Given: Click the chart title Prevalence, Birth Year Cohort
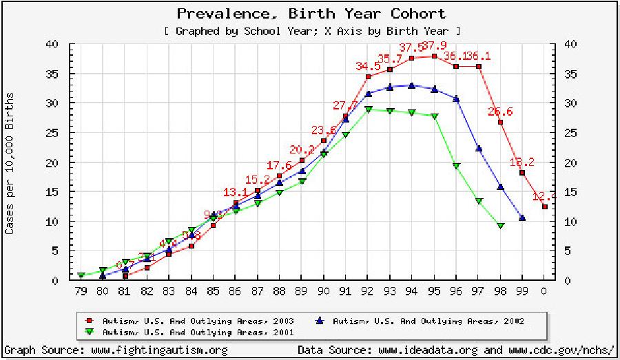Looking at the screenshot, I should coord(311,13).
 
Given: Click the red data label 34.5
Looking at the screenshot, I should coord(368,66).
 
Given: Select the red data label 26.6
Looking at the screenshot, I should coord(501,112).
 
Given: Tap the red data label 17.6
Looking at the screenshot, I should coord(279,165).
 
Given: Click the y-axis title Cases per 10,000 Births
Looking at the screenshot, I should coord(10,163).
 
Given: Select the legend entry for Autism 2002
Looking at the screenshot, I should coord(422,321).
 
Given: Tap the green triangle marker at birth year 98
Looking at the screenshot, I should coord(501,226).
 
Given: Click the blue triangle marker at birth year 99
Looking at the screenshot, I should coord(523,218).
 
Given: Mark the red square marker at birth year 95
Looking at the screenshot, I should coord(434,56).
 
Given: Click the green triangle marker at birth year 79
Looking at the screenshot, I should coord(81,275).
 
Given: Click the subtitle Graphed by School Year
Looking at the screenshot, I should coord(311,31).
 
